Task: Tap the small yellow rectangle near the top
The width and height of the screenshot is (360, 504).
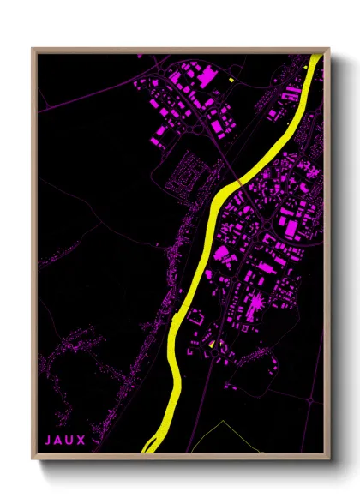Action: (232, 80)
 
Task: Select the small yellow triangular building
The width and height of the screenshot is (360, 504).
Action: (212, 344)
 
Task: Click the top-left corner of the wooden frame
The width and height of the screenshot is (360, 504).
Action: (33, 49)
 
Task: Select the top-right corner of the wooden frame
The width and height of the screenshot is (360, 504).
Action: (327, 49)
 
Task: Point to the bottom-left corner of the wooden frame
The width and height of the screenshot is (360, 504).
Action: (33, 457)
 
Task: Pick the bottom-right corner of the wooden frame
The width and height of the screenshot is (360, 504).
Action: (327, 457)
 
